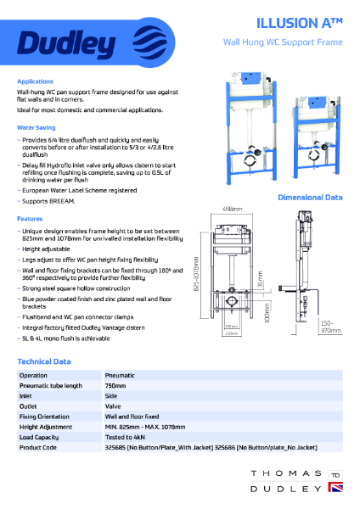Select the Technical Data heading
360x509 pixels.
[x=44, y=361]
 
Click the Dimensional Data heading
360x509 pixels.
[x=311, y=198]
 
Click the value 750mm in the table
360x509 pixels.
[x=115, y=385]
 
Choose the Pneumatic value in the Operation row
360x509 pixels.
[x=120, y=374]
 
